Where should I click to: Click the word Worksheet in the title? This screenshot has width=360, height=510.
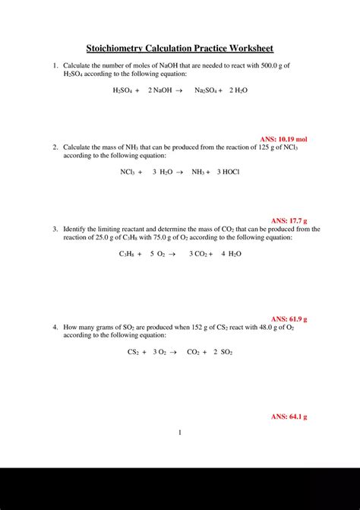coord(248,48)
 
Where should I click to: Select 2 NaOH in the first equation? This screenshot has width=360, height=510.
coord(160,90)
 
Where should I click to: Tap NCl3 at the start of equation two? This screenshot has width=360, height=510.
coord(128,173)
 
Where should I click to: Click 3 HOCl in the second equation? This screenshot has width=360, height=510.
coord(228,173)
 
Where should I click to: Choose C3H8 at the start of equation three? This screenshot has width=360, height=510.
coord(128,254)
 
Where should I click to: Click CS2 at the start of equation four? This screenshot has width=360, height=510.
coord(133,353)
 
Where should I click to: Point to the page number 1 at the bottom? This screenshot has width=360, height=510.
coord(180,433)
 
